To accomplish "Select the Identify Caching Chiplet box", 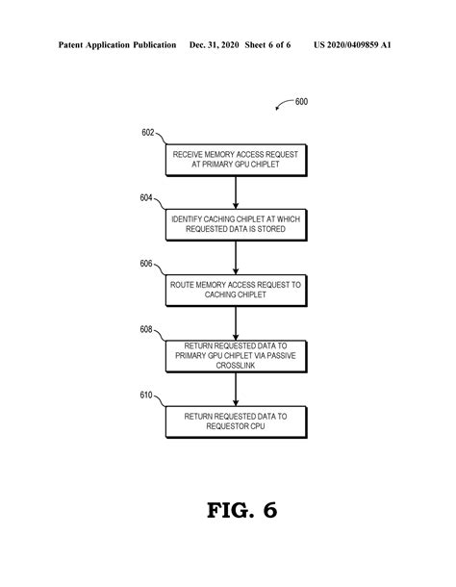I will tap(236, 225).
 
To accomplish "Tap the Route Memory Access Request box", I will tap(236, 290).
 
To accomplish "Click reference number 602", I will tap(148, 133).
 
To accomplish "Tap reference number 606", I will tap(146, 263).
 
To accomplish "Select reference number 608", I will tap(146, 328).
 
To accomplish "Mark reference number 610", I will tap(146, 394).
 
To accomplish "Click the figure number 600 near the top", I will tap(301, 102).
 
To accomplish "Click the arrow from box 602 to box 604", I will tap(236, 192).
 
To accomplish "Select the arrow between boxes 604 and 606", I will tap(236, 257).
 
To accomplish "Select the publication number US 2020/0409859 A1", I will tap(352, 44).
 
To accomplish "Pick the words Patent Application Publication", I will tap(116, 44).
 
